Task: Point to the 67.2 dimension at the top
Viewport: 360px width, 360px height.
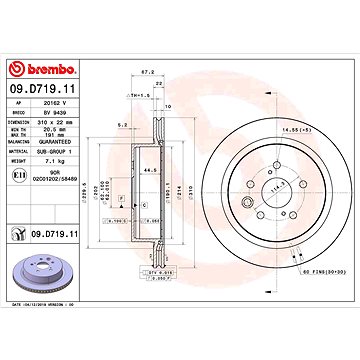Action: click(148, 73)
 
